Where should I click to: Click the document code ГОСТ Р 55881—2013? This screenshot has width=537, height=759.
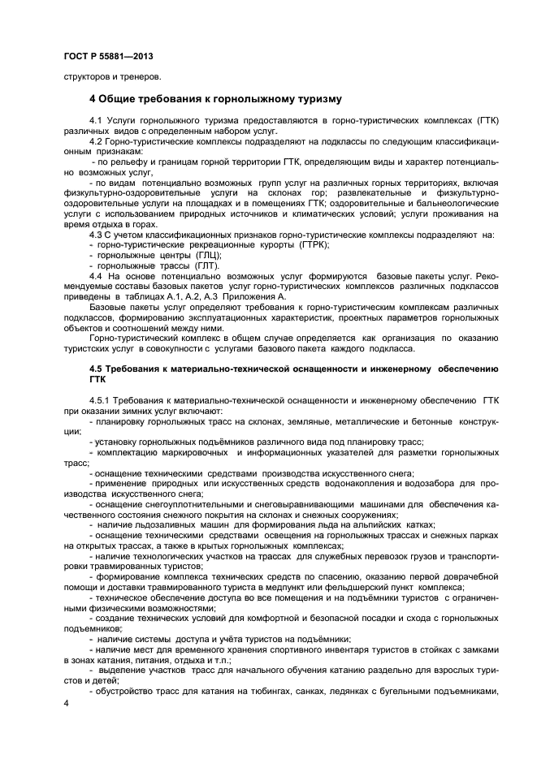107,57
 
